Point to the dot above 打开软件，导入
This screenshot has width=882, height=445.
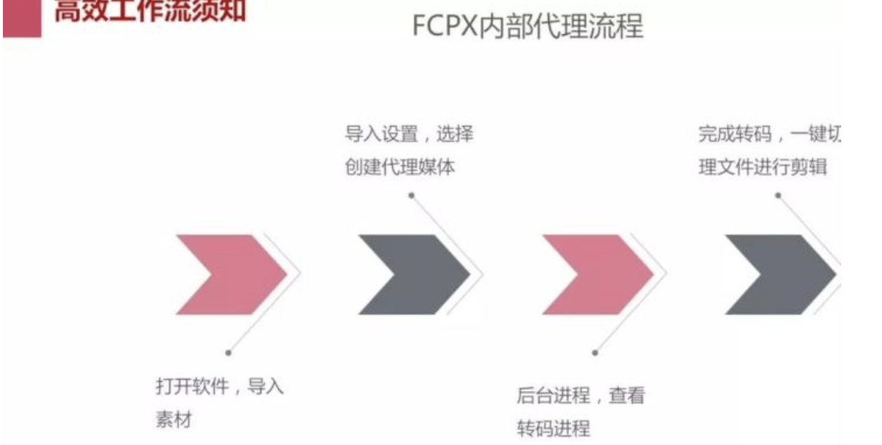click(229, 353)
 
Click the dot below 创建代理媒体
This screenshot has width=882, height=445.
click(412, 195)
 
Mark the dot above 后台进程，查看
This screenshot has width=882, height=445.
click(595, 353)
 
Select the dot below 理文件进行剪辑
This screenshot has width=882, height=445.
click(778, 195)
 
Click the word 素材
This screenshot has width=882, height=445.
click(173, 420)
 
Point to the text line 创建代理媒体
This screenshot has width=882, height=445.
click(400, 167)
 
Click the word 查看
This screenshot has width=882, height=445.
click(627, 396)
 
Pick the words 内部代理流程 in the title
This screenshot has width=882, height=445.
click(562, 25)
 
